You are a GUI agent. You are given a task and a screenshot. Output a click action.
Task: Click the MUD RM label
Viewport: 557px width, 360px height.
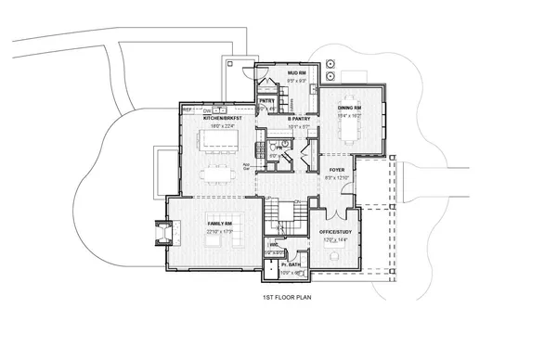[296, 71]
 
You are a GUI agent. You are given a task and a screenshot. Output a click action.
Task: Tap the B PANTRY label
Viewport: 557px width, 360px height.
[297, 119]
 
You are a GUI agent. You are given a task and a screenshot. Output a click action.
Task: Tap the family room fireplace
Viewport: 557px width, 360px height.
[161, 231]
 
